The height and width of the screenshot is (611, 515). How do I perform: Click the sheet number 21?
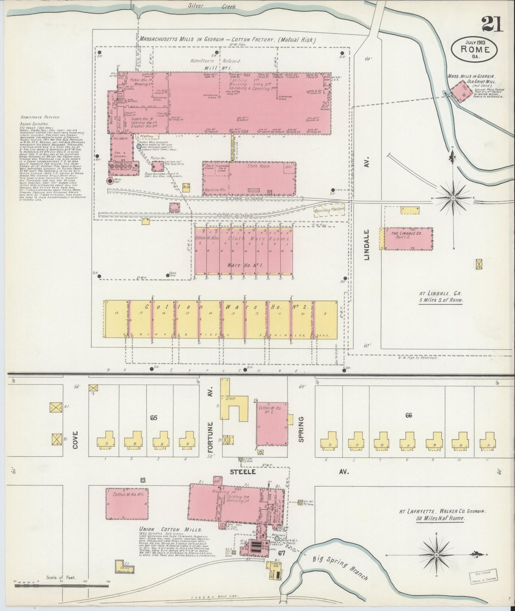pyautogui.click(x=492, y=25)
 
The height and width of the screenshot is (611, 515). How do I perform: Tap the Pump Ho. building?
pyautogui.click(x=158, y=166)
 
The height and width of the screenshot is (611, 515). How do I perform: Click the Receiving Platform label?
pyautogui.click(x=330, y=210)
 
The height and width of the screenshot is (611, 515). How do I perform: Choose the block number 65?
pyautogui.click(x=154, y=418)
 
